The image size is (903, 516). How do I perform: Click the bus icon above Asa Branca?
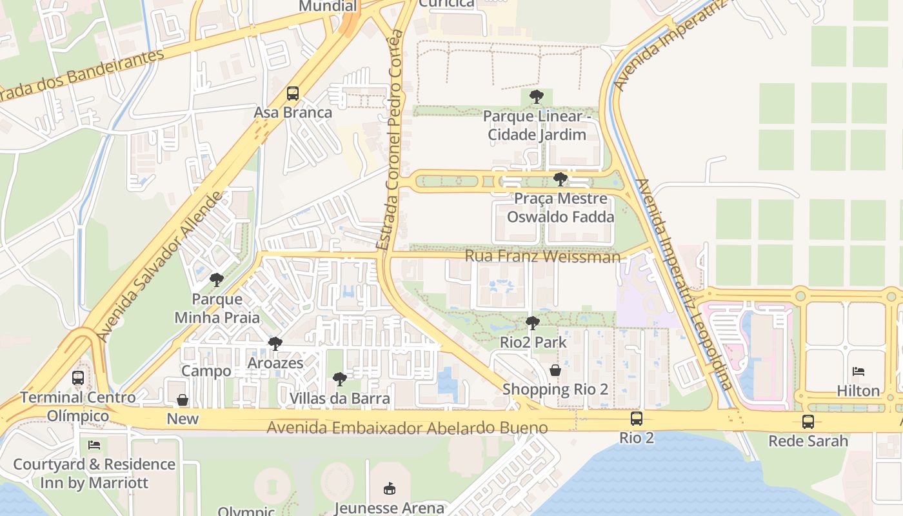point(293,94)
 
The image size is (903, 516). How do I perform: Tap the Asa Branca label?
point(293,113)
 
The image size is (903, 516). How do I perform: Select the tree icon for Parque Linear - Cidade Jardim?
point(536,97)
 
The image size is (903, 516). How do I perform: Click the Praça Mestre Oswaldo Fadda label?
point(560,208)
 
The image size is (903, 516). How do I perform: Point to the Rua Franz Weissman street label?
point(542,257)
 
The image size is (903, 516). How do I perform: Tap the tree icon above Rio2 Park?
point(532,322)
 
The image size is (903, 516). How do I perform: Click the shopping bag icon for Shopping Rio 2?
point(555,371)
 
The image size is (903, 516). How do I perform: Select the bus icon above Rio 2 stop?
point(637,419)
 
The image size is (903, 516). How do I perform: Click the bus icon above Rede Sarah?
point(808,422)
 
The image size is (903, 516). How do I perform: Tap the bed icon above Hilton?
point(858,372)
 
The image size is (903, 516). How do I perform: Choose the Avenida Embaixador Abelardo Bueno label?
point(407,428)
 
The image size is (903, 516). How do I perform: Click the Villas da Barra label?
point(339,399)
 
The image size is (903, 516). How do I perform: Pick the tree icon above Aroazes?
point(275,344)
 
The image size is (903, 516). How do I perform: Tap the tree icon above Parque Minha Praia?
point(217,280)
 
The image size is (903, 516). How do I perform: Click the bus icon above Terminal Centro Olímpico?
point(78,378)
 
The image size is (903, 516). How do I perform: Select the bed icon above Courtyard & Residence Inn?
point(94,445)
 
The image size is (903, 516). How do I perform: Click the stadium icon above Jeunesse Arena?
point(389,488)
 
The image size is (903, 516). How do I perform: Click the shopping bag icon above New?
point(183,400)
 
